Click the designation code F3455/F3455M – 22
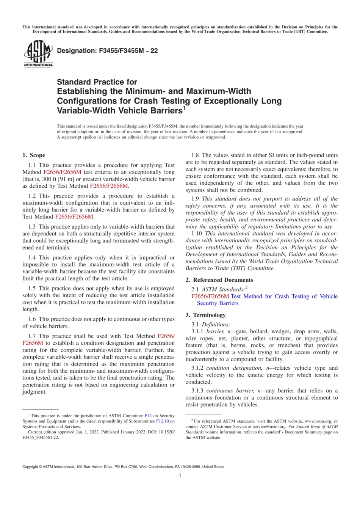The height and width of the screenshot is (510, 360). [x=107, y=51]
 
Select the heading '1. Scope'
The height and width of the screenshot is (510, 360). [x=34, y=155]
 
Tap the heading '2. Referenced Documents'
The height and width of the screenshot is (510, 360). [x=219, y=280]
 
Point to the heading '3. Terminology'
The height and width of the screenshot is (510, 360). [x=205, y=315]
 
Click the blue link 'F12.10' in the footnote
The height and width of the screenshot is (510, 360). [x=163, y=421]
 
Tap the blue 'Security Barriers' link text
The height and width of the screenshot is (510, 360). [x=218, y=303]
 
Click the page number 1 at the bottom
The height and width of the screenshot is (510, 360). [x=180, y=475]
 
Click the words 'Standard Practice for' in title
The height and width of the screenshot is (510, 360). [x=97, y=82]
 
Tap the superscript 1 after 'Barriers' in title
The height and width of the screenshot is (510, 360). [x=185, y=108]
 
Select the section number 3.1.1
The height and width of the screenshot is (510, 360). [x=197, y=331]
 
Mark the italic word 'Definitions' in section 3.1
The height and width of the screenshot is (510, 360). [x=216, y=325]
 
